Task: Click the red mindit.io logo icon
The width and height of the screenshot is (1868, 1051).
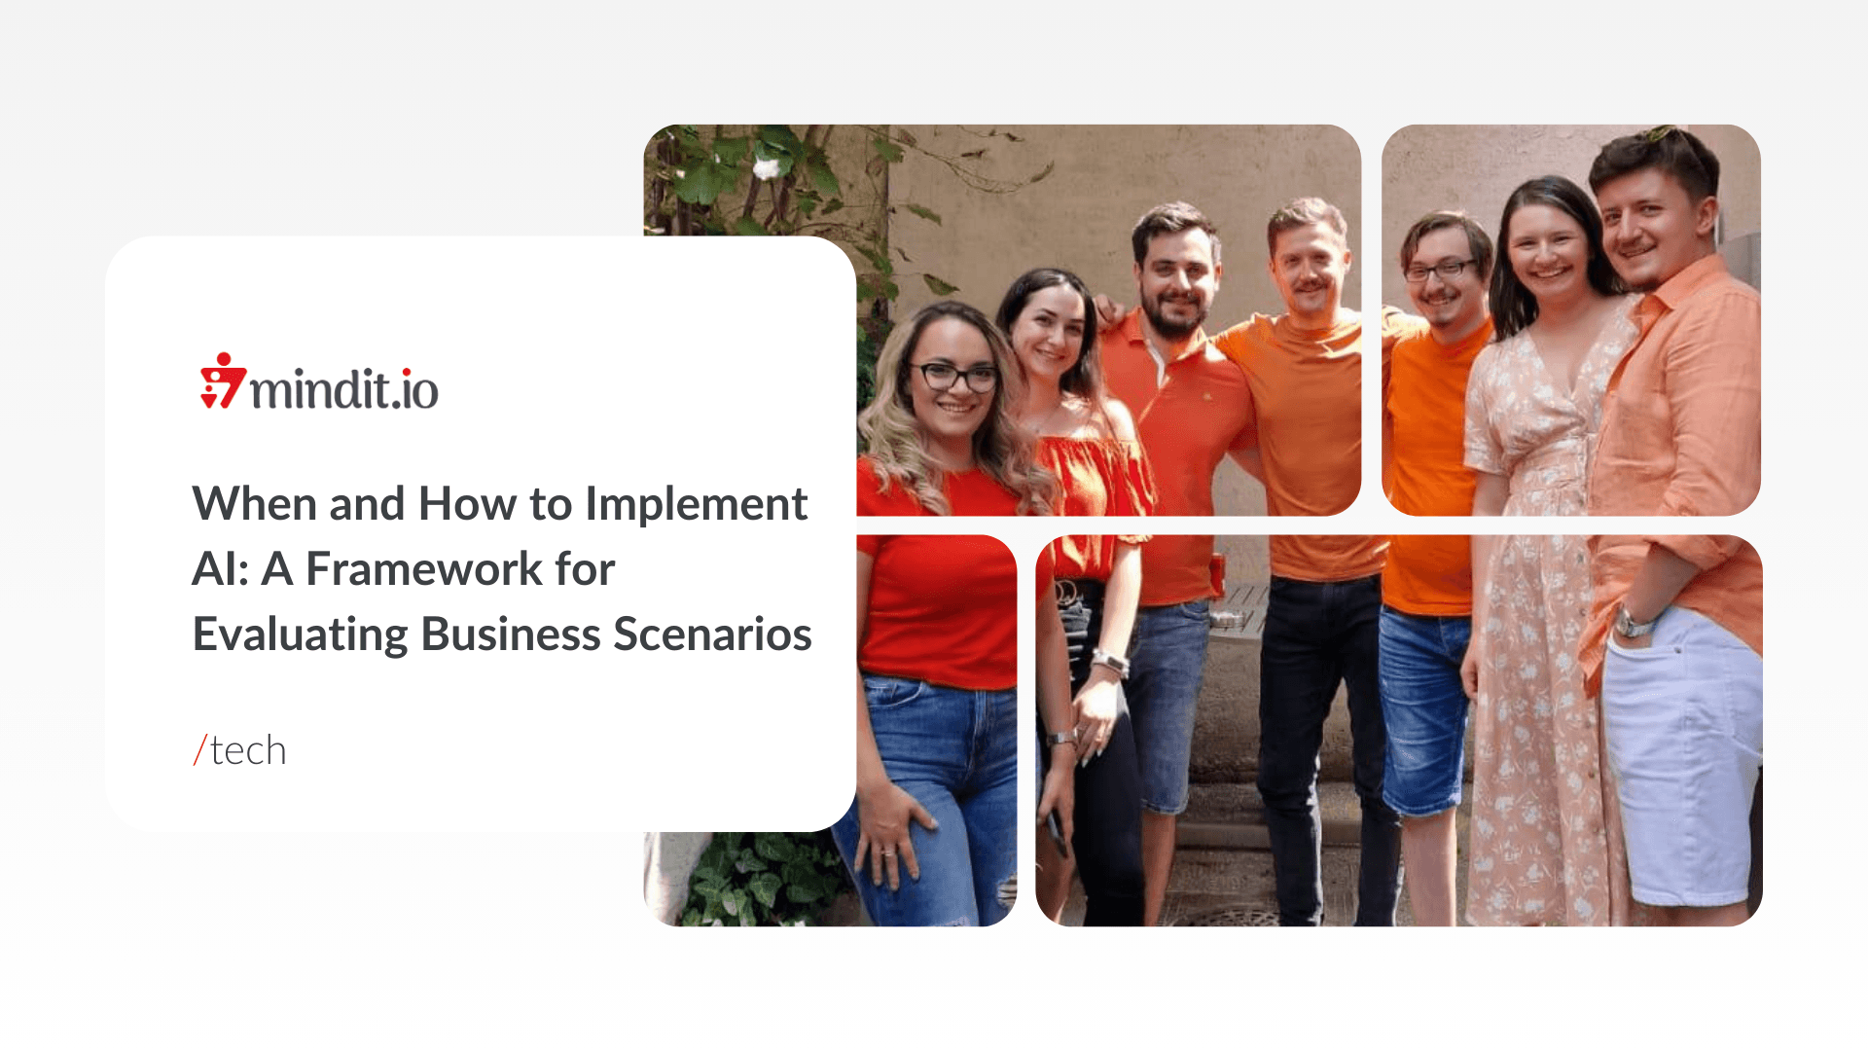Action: point(223,381)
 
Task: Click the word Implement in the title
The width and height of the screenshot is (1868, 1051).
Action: point(696,505)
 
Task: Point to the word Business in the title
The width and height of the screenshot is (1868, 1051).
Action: point(511,634)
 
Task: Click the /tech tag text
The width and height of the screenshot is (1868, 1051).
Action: point(239,750)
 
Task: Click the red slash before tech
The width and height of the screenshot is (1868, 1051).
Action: point(200,750)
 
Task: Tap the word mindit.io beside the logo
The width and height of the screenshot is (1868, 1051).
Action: point(344,389)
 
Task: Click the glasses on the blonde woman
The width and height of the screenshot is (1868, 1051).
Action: point(952,376)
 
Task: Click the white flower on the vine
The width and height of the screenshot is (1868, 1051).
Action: point(768,168)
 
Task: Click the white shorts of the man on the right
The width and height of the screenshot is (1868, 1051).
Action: point(1681,754)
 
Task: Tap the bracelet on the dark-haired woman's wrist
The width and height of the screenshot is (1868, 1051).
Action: point(1108,663)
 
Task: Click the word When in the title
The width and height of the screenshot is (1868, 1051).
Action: point(255,505)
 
